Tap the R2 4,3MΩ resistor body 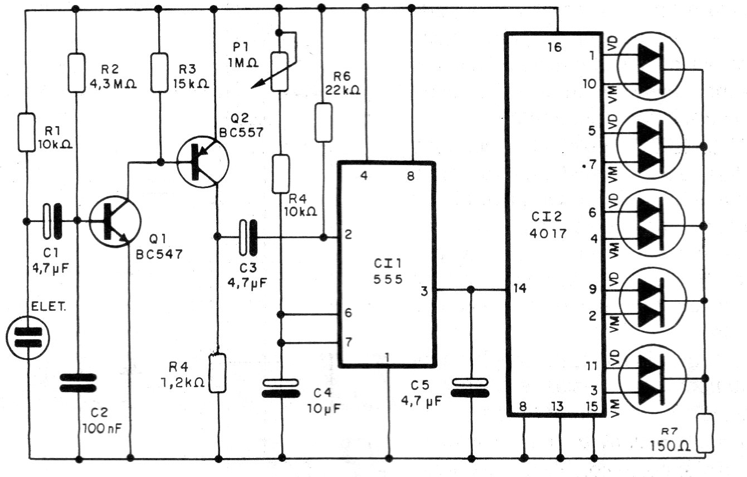point(76,73)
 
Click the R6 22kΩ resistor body point(323,121)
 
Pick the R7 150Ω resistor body point(705,433)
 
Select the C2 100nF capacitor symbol point(78,383)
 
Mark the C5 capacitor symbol point(471,388)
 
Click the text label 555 point(388,279)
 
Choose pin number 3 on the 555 point(424,290)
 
